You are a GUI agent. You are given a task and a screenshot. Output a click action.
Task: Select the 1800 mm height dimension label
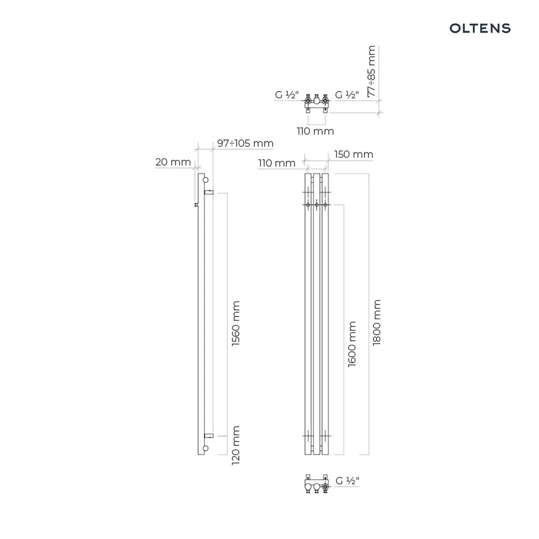tap(376, 322)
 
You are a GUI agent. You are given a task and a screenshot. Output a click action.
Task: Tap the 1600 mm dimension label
tap(352, 344)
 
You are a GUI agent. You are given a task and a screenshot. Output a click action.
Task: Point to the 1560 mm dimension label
tap(236, 323)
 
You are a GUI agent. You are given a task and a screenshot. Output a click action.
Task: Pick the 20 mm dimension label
tap(173, 162)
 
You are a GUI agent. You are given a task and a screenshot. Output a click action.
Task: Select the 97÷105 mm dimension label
tap(245, 143)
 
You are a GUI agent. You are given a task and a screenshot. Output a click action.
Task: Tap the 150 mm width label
tap(353, 154)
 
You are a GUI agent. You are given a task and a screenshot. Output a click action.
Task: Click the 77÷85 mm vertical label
tap(371, 71)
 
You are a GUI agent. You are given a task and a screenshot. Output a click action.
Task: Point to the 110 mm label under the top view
tap(315, 131)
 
